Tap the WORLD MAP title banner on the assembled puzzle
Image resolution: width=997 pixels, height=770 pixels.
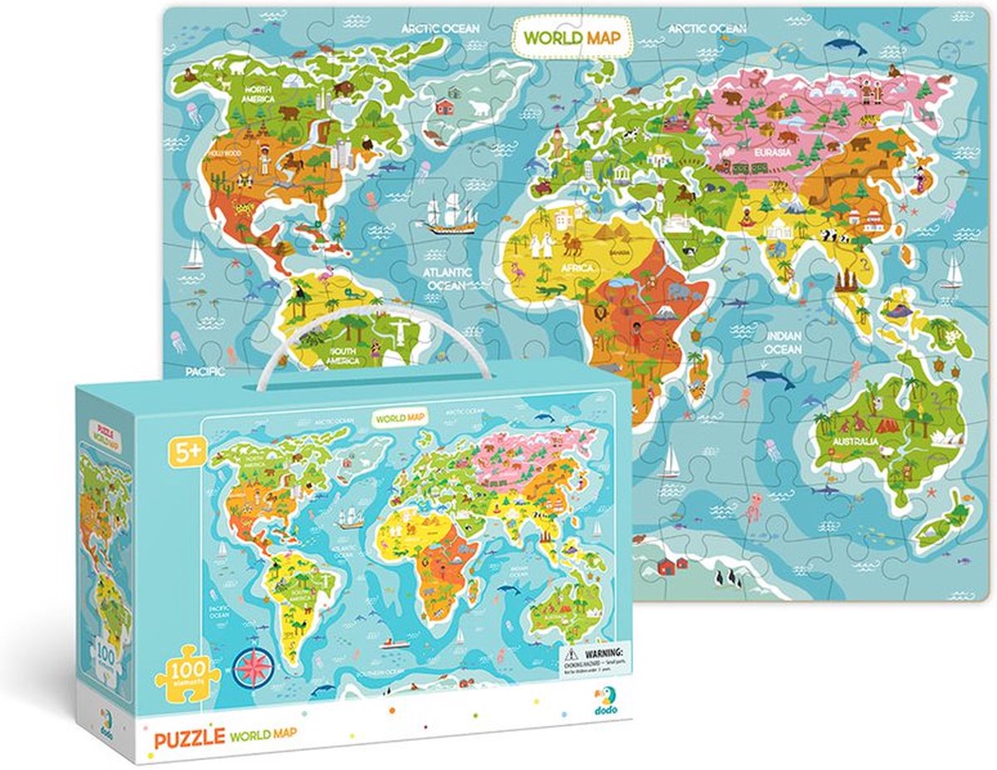pyautogui.click(x=572, y=37)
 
